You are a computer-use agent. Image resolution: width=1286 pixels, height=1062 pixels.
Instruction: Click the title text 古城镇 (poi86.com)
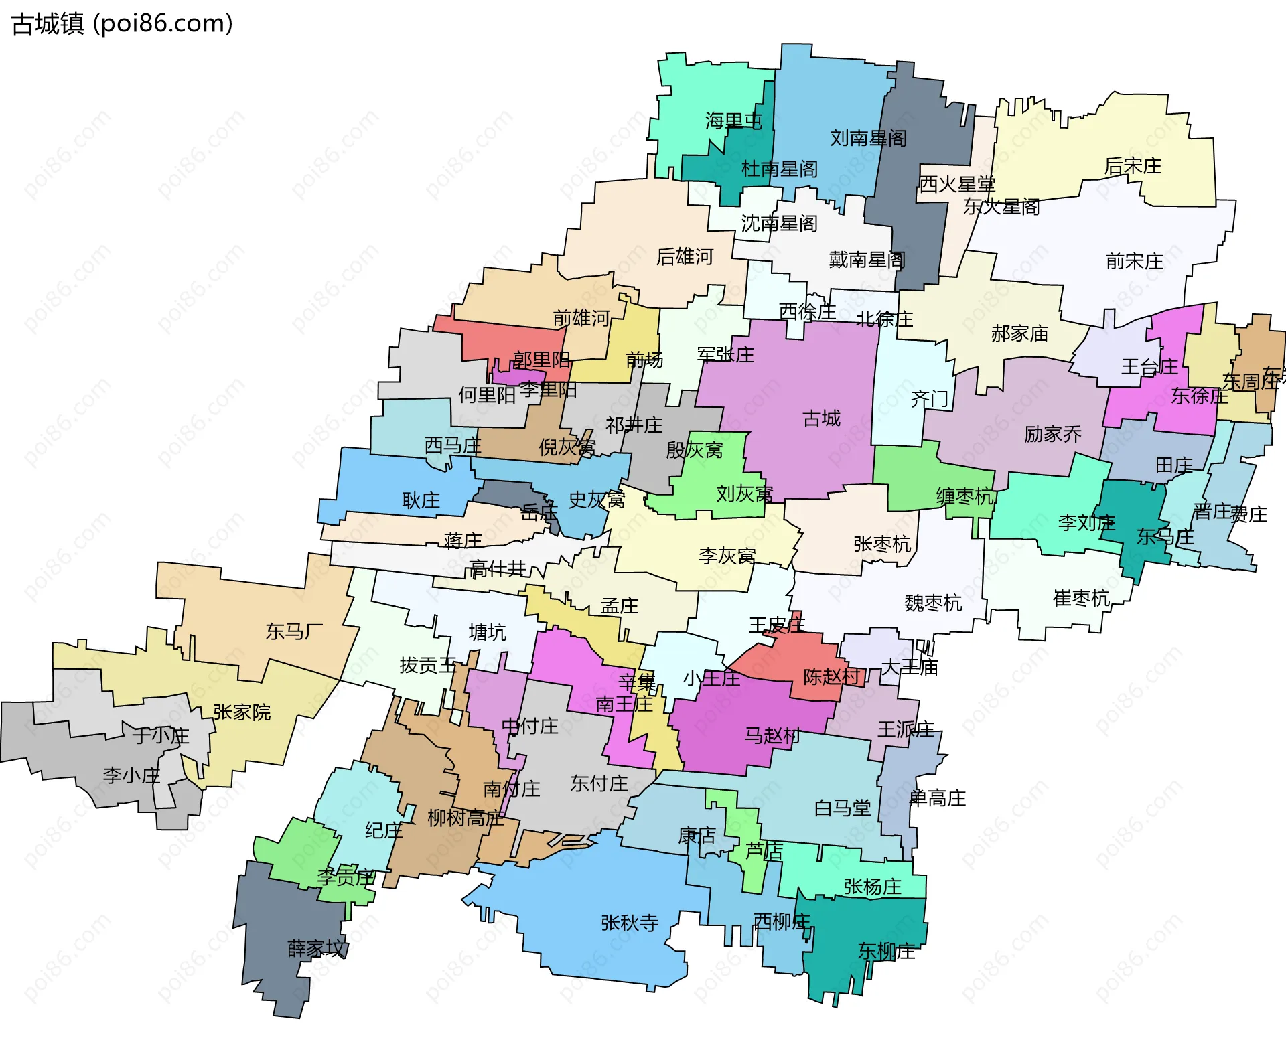(123, 24)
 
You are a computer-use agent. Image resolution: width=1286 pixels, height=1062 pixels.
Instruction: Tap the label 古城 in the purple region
(821, 419)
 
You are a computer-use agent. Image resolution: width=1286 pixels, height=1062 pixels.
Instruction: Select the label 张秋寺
(630, 923)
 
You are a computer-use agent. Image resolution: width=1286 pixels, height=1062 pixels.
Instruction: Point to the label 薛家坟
(317, 948)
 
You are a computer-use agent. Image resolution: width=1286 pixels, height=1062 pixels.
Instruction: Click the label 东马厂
(294, 631)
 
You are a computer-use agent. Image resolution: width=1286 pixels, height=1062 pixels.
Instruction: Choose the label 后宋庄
(1133, 166)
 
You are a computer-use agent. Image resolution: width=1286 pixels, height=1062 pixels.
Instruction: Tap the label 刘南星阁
(868, 138)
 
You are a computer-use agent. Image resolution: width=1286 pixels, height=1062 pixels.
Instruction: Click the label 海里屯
(733, 121)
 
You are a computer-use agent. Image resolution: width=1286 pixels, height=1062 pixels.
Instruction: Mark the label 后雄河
(685, 256)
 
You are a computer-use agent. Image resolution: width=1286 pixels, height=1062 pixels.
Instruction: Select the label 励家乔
(1052, 434)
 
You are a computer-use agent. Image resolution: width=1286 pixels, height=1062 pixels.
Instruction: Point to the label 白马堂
(842, 808)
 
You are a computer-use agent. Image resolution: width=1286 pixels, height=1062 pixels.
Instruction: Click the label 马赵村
(772, 736)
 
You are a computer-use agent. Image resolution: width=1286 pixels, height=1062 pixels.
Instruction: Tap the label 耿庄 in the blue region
(421, 500)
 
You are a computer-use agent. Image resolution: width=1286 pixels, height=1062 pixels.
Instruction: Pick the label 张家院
(242, 712)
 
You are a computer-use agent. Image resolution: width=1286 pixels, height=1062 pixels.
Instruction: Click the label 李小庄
(131, 776)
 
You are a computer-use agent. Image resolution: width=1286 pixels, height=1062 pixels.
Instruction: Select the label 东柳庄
(886, 951)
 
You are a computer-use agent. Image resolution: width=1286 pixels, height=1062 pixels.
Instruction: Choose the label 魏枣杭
(933, 603)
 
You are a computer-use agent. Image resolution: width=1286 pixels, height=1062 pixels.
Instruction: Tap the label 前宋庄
(1134, 261)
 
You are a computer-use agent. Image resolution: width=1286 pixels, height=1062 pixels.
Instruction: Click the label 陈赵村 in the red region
(831, 676)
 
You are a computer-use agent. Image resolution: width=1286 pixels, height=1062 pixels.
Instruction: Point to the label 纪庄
(383, 831)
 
